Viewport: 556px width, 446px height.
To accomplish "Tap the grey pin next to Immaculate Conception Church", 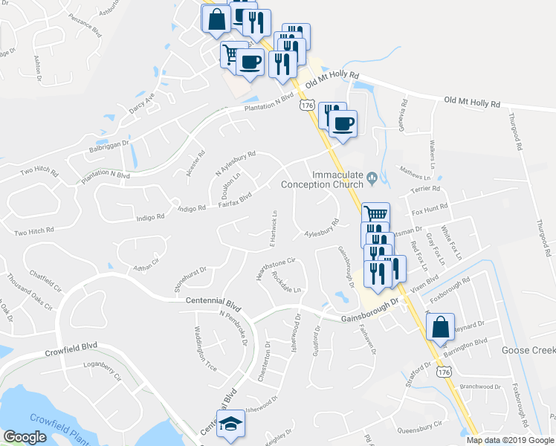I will pos(372,178).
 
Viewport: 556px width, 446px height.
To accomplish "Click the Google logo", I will pos(25,437).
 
